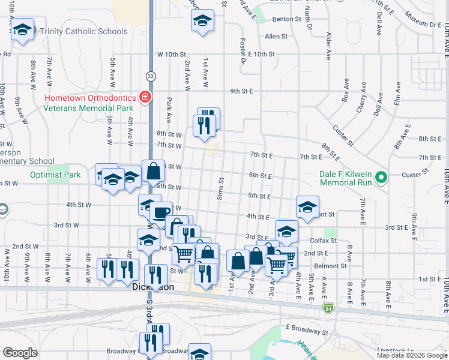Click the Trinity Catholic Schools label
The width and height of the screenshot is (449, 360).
(85, 31)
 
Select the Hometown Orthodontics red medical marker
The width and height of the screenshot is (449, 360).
(145, 97)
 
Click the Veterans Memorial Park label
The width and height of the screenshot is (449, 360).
(88, 108)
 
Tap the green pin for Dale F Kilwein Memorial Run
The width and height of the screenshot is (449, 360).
(380, 178)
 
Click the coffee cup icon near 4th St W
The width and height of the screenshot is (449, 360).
(160, 213)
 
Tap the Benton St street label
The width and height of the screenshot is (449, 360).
(286, 19)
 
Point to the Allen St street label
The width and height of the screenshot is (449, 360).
(276, 37)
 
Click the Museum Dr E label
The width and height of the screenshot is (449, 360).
(423, 25)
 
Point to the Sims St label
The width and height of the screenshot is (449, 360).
(221, 188)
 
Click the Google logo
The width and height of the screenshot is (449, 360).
(20, 353)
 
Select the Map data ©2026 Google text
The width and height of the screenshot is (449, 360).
(411, 355)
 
